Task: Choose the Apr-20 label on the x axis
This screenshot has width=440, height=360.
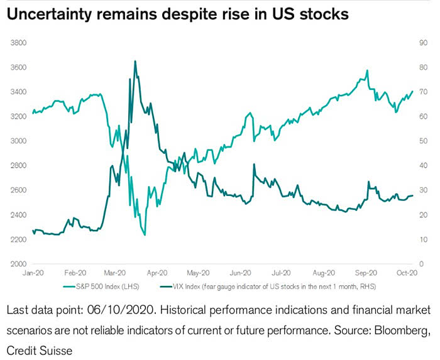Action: pos(157,273)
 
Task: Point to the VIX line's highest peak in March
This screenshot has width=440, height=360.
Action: pos(135,62)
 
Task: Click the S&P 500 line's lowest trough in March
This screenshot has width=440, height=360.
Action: pos(145,235)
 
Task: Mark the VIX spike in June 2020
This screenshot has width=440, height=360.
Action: pos(254,165)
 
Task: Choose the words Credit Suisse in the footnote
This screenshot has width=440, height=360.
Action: pos(40,349)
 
